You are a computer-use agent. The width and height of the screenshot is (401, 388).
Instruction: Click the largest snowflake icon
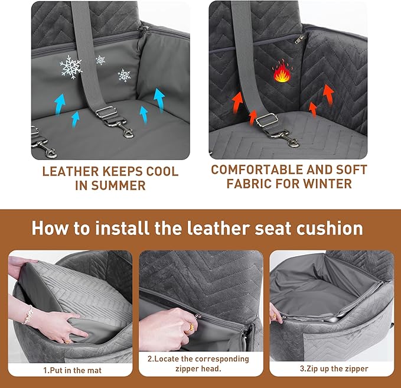tap(71, 68)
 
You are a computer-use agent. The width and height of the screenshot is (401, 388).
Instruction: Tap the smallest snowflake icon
tap(100, 60)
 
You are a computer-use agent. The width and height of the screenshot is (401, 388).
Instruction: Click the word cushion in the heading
tap(331, 228)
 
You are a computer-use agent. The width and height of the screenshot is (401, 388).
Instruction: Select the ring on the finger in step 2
tap(193, 324)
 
